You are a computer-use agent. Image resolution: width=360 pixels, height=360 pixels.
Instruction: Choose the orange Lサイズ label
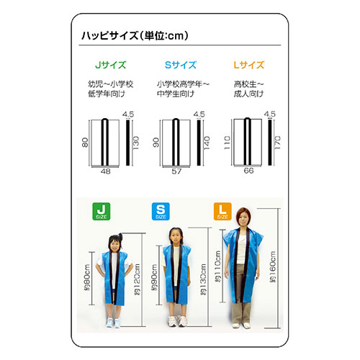(x=248, y=65)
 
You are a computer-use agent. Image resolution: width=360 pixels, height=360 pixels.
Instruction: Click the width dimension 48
(x=105, y=171)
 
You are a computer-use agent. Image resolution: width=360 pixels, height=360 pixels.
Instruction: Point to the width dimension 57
(x=177, y=171)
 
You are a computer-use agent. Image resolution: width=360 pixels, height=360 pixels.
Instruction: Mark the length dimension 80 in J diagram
(x=84, y=143)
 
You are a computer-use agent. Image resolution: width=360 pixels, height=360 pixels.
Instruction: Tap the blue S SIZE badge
(x=160, y=212)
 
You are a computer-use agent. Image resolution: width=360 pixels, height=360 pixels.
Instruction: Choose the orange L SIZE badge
(x=222, y=212)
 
